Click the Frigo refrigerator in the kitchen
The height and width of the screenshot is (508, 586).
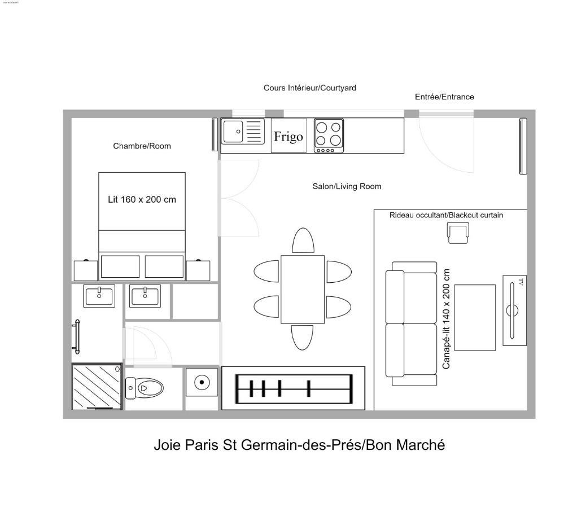point(288,136)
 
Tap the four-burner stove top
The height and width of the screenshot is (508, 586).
point(329,135)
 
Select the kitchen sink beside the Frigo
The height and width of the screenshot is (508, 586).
point(243,132)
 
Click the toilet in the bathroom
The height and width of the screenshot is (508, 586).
point(145,388)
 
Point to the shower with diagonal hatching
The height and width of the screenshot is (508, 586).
point(97,387)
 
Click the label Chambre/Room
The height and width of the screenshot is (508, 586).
point(142,146)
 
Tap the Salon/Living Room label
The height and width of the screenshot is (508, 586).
point(347,186)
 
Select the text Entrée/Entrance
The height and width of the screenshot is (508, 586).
point(444,97)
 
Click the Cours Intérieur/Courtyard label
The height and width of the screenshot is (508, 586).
point(309,87)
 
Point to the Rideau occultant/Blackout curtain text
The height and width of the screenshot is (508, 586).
point(446,215)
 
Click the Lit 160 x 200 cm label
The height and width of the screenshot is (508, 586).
point(142,199)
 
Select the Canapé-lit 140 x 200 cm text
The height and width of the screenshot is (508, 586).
point(447,319)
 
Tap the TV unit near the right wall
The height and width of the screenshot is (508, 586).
point(514,310)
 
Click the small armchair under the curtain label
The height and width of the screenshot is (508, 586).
point(458,233)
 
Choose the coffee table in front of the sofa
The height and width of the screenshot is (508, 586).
point(475,317)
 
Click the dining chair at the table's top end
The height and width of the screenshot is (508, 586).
point(303,240)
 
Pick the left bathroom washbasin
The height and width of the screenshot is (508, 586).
point(99,296)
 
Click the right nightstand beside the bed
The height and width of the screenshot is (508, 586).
point(198,270)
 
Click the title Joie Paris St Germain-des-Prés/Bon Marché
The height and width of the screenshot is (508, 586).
point(299,445)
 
